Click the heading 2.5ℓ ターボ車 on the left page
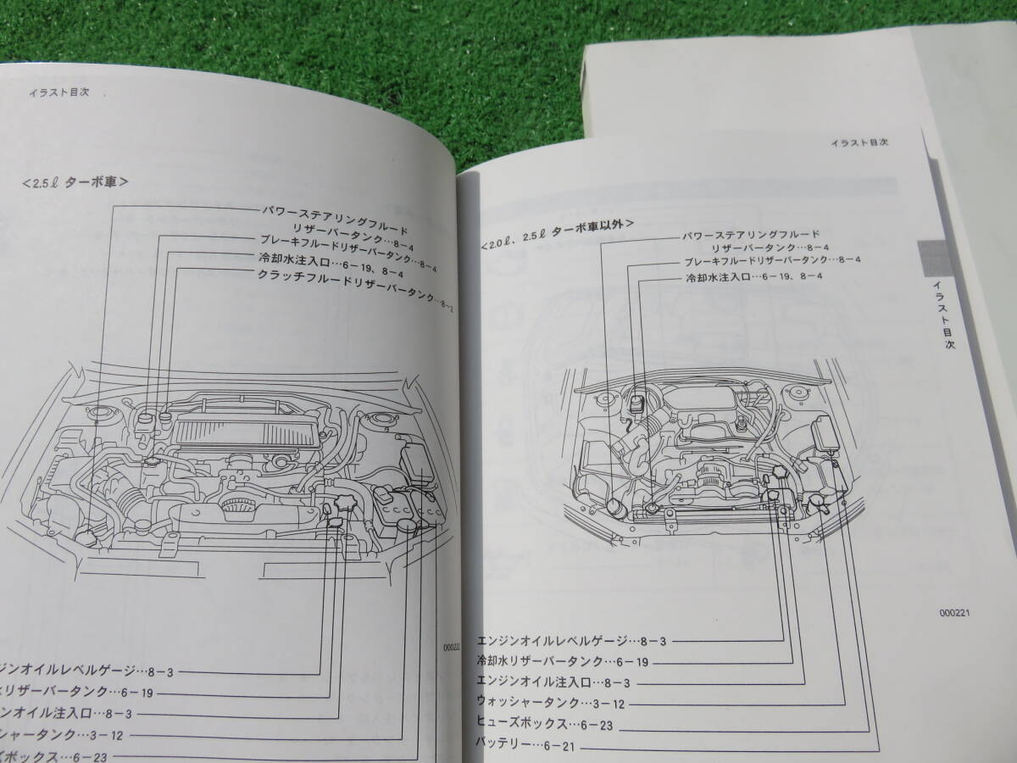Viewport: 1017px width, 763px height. point(75,181)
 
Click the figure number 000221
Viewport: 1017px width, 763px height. point(955,613)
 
